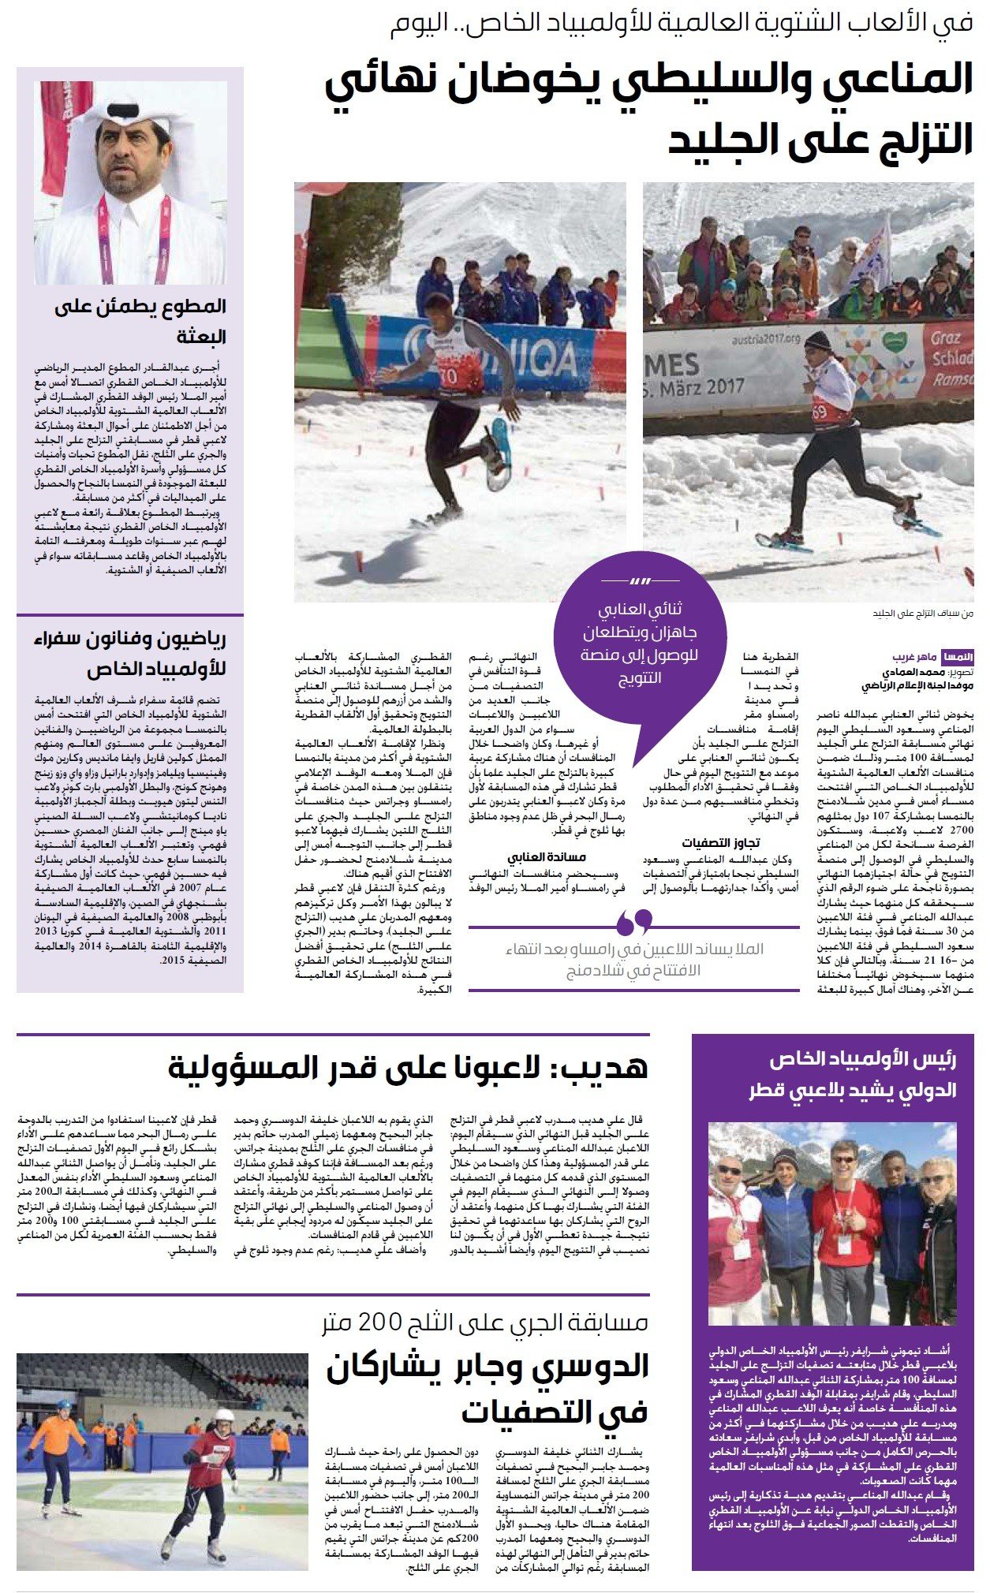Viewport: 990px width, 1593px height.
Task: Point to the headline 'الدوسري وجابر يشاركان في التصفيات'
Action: [488, 1388]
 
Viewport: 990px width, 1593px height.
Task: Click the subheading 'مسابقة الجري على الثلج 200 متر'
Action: [485, 1322]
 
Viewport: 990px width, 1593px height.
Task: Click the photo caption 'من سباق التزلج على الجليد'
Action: [923, 613]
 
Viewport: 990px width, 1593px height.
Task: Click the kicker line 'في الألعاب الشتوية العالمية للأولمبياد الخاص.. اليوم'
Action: [682, 25]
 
